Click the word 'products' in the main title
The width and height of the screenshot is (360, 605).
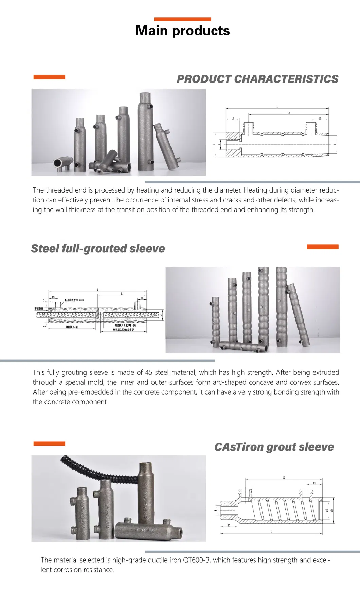click(x=201, y=31)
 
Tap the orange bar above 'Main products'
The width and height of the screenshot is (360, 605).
click(x=182, y=19)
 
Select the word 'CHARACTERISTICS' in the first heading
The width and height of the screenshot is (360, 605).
click(x=286, y=79)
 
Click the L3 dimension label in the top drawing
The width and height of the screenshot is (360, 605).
click(x=233, y=118)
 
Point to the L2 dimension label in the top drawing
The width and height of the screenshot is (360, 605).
click(x=289, y=113)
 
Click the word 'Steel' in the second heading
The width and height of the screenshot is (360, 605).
click(x=45, y=249)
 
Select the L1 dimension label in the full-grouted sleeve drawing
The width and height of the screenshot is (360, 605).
click(x=122, y=294)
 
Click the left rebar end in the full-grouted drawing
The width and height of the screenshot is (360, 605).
click(x=40, y=315)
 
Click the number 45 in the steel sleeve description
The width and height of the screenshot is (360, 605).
click(x=148, y=372)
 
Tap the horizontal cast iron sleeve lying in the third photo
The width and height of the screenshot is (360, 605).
click(x=148, y=530)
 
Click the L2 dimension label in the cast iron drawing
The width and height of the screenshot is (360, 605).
click(x=284, y=478)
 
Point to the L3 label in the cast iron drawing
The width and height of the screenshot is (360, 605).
click(x=229, y=525)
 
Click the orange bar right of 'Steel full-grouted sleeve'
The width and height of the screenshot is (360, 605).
click(x=322, y=247)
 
